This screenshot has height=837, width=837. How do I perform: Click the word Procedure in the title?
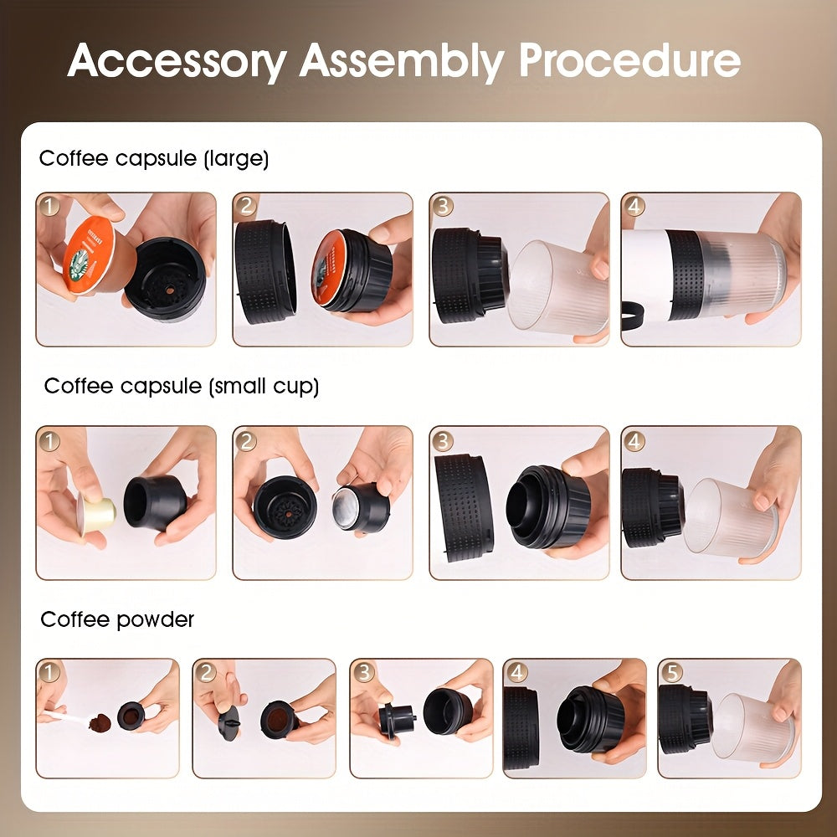pos(629,60)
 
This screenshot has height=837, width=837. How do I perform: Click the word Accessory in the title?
pos(176,60)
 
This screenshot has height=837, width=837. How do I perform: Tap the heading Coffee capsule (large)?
pos(154,158)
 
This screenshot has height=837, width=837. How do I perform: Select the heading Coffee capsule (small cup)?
pos(181,386)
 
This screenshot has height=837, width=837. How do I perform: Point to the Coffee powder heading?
pos(117,619)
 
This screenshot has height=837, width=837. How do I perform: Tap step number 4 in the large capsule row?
pos(635,207)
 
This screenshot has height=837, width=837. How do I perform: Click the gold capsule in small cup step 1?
pos(95,509)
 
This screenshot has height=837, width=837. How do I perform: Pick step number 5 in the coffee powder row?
pos(671,672)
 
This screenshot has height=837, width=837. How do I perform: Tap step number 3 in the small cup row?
pos(444,440)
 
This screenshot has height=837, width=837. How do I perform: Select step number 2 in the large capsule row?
pos(246,207)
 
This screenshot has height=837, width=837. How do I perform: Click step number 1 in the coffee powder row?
pos(49,672)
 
